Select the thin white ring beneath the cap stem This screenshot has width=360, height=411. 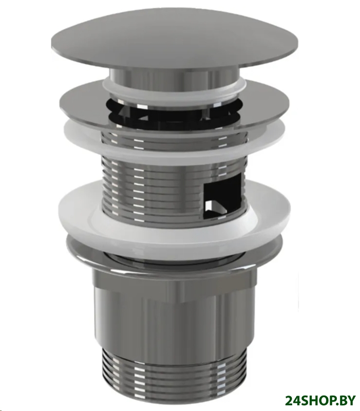point(175,89)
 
